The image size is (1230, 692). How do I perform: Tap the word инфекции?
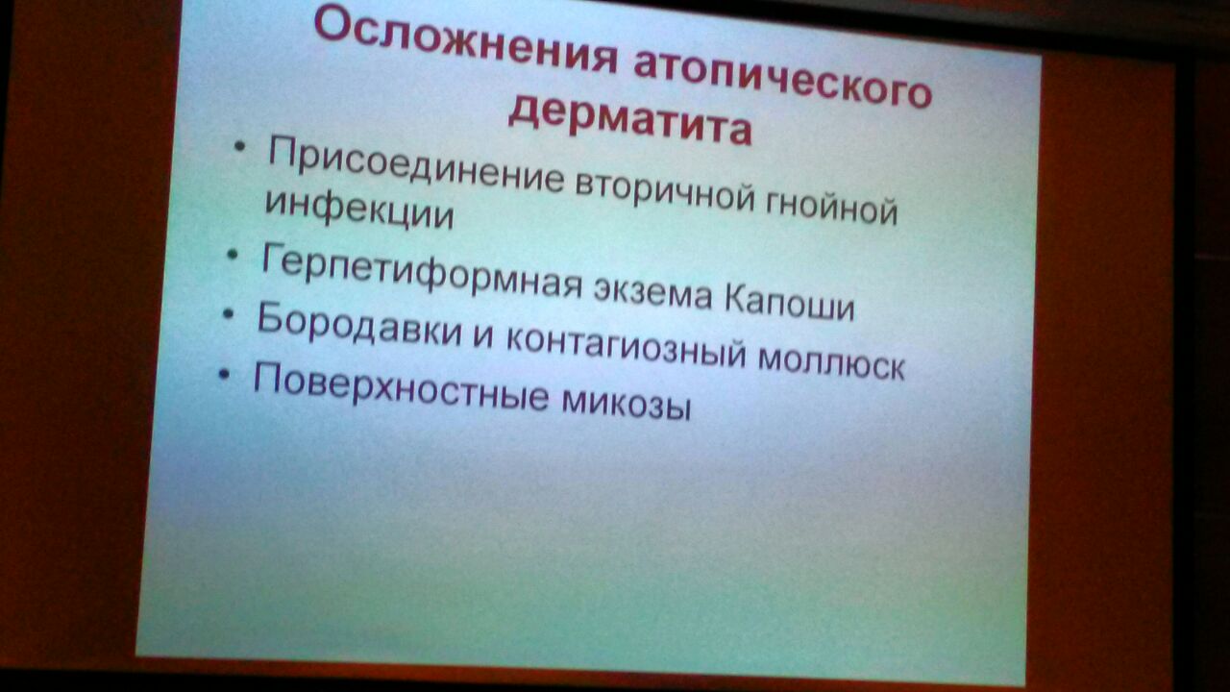coord(359,210)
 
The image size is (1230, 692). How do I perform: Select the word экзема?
coord(652,292)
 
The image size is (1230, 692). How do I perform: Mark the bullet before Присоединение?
coord(239,147)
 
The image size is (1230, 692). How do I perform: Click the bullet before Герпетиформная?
coord(233,255)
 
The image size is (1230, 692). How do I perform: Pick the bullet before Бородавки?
coord(229,313)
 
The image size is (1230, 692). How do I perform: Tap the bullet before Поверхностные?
coord(224,374)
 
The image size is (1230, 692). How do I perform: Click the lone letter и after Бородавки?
coord(483,335)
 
